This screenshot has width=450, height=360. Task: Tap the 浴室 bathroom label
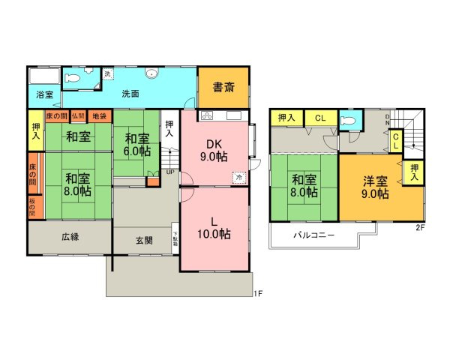(x=44, y=94)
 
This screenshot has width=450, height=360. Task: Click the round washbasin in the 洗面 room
(x=153, y=73)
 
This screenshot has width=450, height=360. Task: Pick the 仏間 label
(x=78, y=116)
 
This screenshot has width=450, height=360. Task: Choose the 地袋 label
(x=98, y=116)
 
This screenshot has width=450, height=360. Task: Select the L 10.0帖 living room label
(x=214, y=226)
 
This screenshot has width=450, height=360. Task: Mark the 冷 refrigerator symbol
(x=238, y=178)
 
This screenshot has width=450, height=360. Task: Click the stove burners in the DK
(x=208, y=115)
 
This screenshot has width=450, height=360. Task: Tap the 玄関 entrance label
(x=145, y=240)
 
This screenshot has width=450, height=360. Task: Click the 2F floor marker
(x=420, y=227)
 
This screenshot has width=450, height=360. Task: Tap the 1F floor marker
(x=256, y=293)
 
